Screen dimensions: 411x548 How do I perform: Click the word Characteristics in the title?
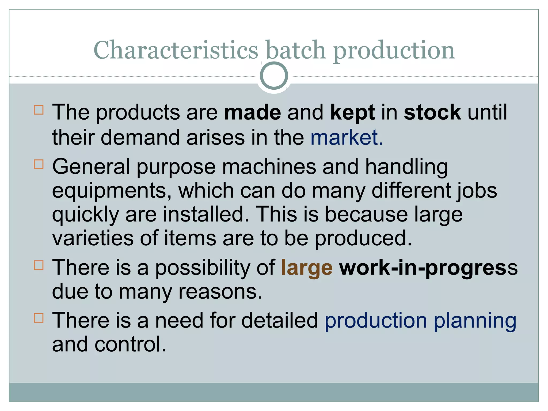tap(176, 50)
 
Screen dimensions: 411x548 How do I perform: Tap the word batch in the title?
tap(296, 50)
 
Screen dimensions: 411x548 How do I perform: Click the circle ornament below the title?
tap(274, 76)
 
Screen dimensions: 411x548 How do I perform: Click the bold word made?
tap(252, 112)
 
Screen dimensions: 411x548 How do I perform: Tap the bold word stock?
tap(432, 112)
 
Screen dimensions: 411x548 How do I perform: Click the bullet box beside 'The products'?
tap(39, 110)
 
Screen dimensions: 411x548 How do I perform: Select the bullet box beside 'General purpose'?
tap(39, 164)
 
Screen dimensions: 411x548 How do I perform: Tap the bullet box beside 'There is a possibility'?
tap(39, 265)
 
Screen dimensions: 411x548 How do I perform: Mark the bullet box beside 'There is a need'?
tap(39, 318)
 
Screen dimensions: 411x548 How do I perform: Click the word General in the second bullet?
tap(91, 167)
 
